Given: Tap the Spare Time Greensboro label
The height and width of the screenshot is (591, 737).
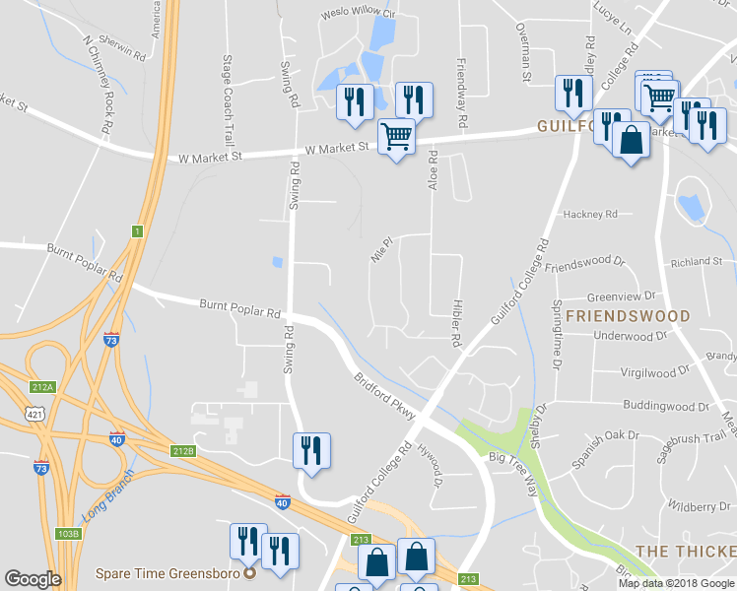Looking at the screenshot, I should pyautogui.click(x=169, y=572).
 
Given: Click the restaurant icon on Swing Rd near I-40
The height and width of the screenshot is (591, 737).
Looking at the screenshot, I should pyautogui.click(x=311, y=451).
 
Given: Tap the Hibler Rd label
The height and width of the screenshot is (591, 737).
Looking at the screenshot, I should pyautogui.click(x=456, y=323).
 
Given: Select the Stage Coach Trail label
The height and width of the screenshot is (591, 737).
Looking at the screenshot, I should pyautogui.click(x=229, y=87).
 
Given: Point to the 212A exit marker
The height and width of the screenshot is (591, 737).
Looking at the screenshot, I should pyautogui.click(x=42, y=386).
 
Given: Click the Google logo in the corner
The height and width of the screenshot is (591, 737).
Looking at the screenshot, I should pyautogui.click(x=33, y=579).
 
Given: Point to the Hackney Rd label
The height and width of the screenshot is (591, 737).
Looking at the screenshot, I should pyautogui.click(x=589, y=214).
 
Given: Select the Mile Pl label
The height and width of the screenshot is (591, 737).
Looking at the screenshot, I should pyautogui.click(x=381, y=254).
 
